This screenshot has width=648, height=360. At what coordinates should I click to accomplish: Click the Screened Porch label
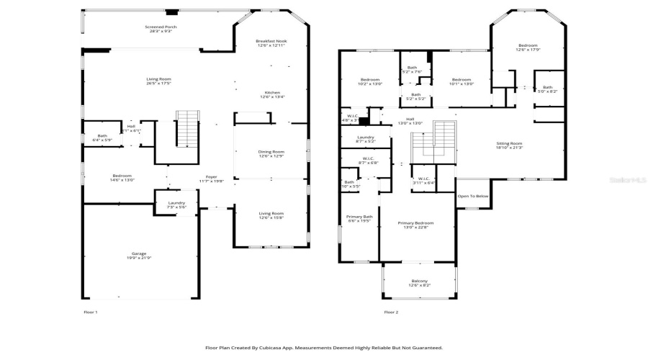tap(161, 29)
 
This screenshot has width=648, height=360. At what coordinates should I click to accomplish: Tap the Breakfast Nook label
tap(271, 44)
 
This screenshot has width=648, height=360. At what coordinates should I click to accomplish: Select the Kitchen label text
tap(271, 94)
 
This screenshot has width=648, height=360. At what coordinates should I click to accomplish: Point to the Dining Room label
tap(271, 153)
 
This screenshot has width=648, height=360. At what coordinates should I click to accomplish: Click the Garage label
tap(138, 256)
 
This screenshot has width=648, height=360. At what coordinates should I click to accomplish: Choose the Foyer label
tap(212, 179)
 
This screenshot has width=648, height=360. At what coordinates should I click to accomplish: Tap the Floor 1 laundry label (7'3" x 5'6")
tap(176, 204)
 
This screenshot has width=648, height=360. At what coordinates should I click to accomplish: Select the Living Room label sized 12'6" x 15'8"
tap(271, 215)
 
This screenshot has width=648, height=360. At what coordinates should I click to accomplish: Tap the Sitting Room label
tap(510, 145)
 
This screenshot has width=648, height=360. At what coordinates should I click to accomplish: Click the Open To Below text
tap(473, 196)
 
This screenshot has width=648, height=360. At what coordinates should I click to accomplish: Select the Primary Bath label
tap(358, 218)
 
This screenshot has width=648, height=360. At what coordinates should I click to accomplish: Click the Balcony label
tap(419, 282)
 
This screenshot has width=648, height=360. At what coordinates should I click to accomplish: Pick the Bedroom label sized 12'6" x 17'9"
tap(526, 48)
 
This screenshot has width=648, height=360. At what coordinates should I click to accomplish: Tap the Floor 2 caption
tap(391, 312)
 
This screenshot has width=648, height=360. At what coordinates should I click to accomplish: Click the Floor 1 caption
tap(91, 312)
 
